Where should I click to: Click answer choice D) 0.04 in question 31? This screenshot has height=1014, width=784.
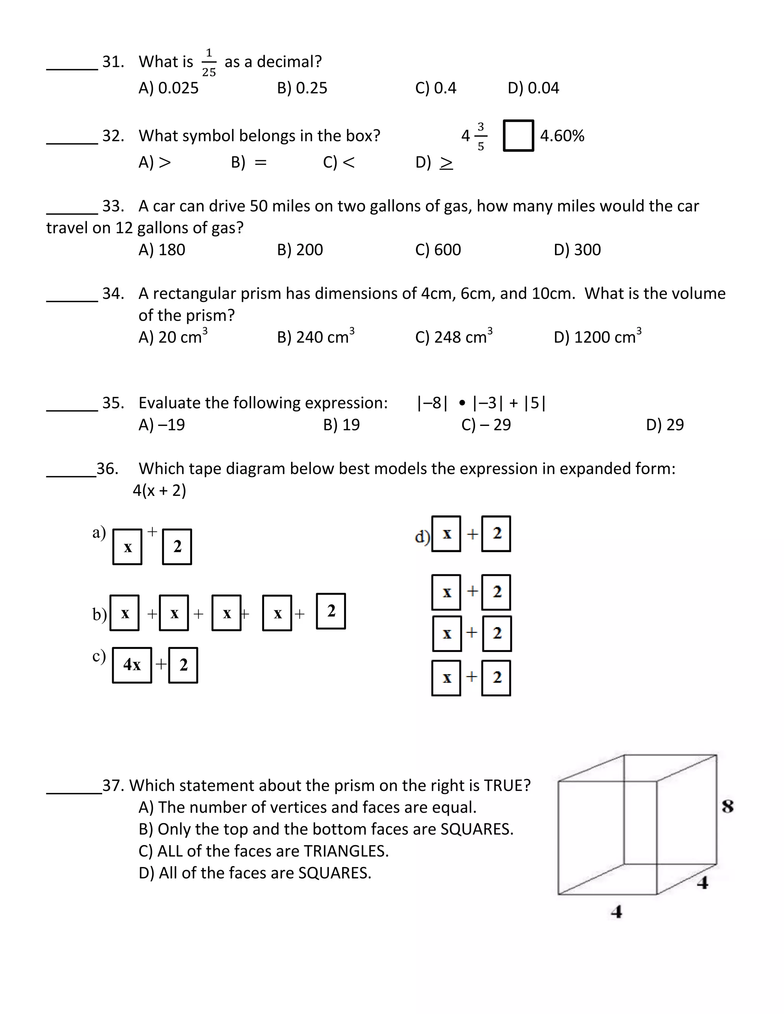(x=533, y=88)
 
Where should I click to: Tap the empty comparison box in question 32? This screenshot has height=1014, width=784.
(x=518, y=135)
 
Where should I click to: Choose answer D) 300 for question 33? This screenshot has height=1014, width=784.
(x=577, y=250)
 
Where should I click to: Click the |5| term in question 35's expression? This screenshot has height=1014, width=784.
(x=534, y=403)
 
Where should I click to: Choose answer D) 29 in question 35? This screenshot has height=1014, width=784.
(x=665, y=424)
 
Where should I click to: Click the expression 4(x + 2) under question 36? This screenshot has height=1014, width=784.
(x=159, y=490)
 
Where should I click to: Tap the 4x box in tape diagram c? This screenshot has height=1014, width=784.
(x=132, y=665)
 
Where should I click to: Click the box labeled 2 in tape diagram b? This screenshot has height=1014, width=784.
(x=331, y=611)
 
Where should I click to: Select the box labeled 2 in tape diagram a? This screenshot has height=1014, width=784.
(x=177, y=547)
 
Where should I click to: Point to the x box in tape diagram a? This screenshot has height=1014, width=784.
(x=127, y=547)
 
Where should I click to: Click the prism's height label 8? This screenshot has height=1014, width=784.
(x=727, y=807)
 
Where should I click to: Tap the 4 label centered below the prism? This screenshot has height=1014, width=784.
(x=616, y=912)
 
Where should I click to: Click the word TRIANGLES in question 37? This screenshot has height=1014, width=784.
(x=346, y=851)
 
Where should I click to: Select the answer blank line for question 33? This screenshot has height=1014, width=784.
(x=72, y=214)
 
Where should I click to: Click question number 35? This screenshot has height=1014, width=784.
(x=113, y=403)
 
